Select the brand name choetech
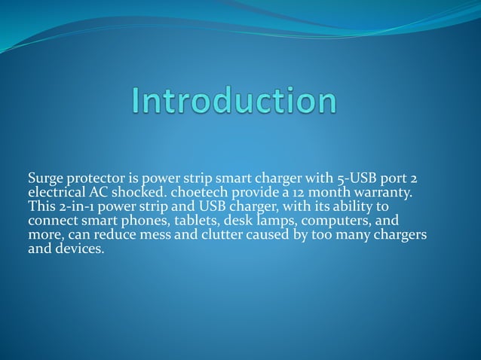tap(206, 193)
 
